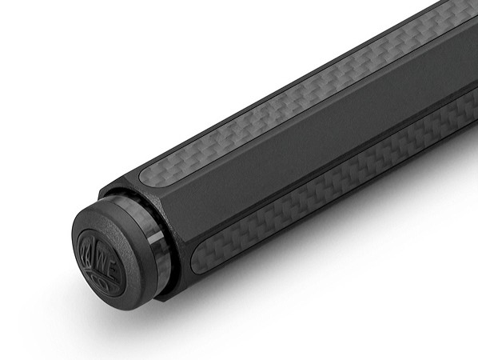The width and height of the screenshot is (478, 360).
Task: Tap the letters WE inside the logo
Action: [x=110, y=246]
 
